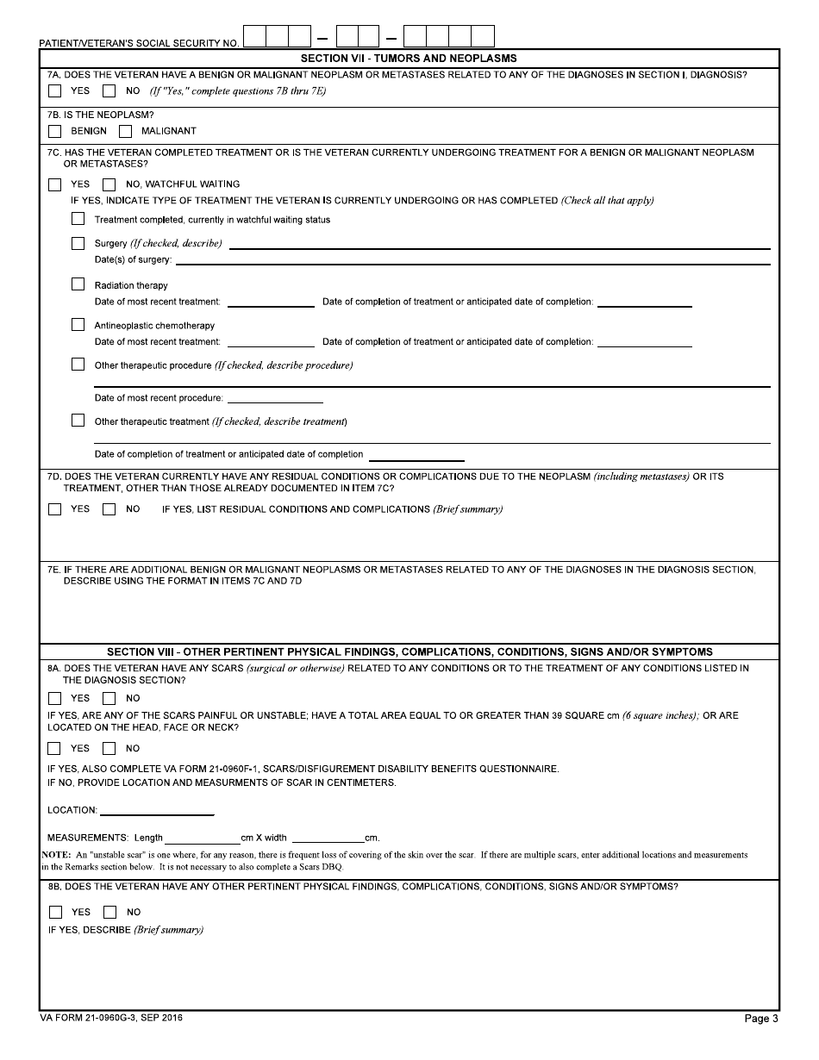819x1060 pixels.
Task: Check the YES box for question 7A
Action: [x=55, y=90]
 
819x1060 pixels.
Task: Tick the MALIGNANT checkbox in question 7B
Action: [x=126, y=132]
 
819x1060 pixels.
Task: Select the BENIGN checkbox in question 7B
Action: [x=55, y=132]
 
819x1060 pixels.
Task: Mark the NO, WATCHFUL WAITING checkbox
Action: [x=109, y=184]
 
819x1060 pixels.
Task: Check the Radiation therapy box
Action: [x=78, y=284]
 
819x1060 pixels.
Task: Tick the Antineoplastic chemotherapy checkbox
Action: [x=78, y=325]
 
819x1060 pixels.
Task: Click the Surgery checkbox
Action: [x=78, y=244]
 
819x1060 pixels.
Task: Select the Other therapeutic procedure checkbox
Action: [x=78, y=365]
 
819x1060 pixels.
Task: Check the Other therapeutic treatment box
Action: [x=78, y=421]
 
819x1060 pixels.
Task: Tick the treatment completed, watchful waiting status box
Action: [x=78, y=219]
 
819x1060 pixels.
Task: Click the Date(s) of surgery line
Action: [x=472, y=259]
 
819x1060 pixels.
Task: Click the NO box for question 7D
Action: [x=109, y=509]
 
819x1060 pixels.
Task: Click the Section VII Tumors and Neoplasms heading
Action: [x=409, y=59]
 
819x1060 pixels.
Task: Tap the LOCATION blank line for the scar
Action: [x=157, y=810]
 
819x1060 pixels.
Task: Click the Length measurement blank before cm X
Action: [x=202, y=838]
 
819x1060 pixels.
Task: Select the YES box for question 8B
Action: [x=56, y=912]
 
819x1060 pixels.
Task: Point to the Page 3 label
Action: [x=760, y=1019]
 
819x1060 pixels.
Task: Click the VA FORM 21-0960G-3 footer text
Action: [x=111, y=1018]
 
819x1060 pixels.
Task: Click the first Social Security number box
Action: [x=255, y=36]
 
